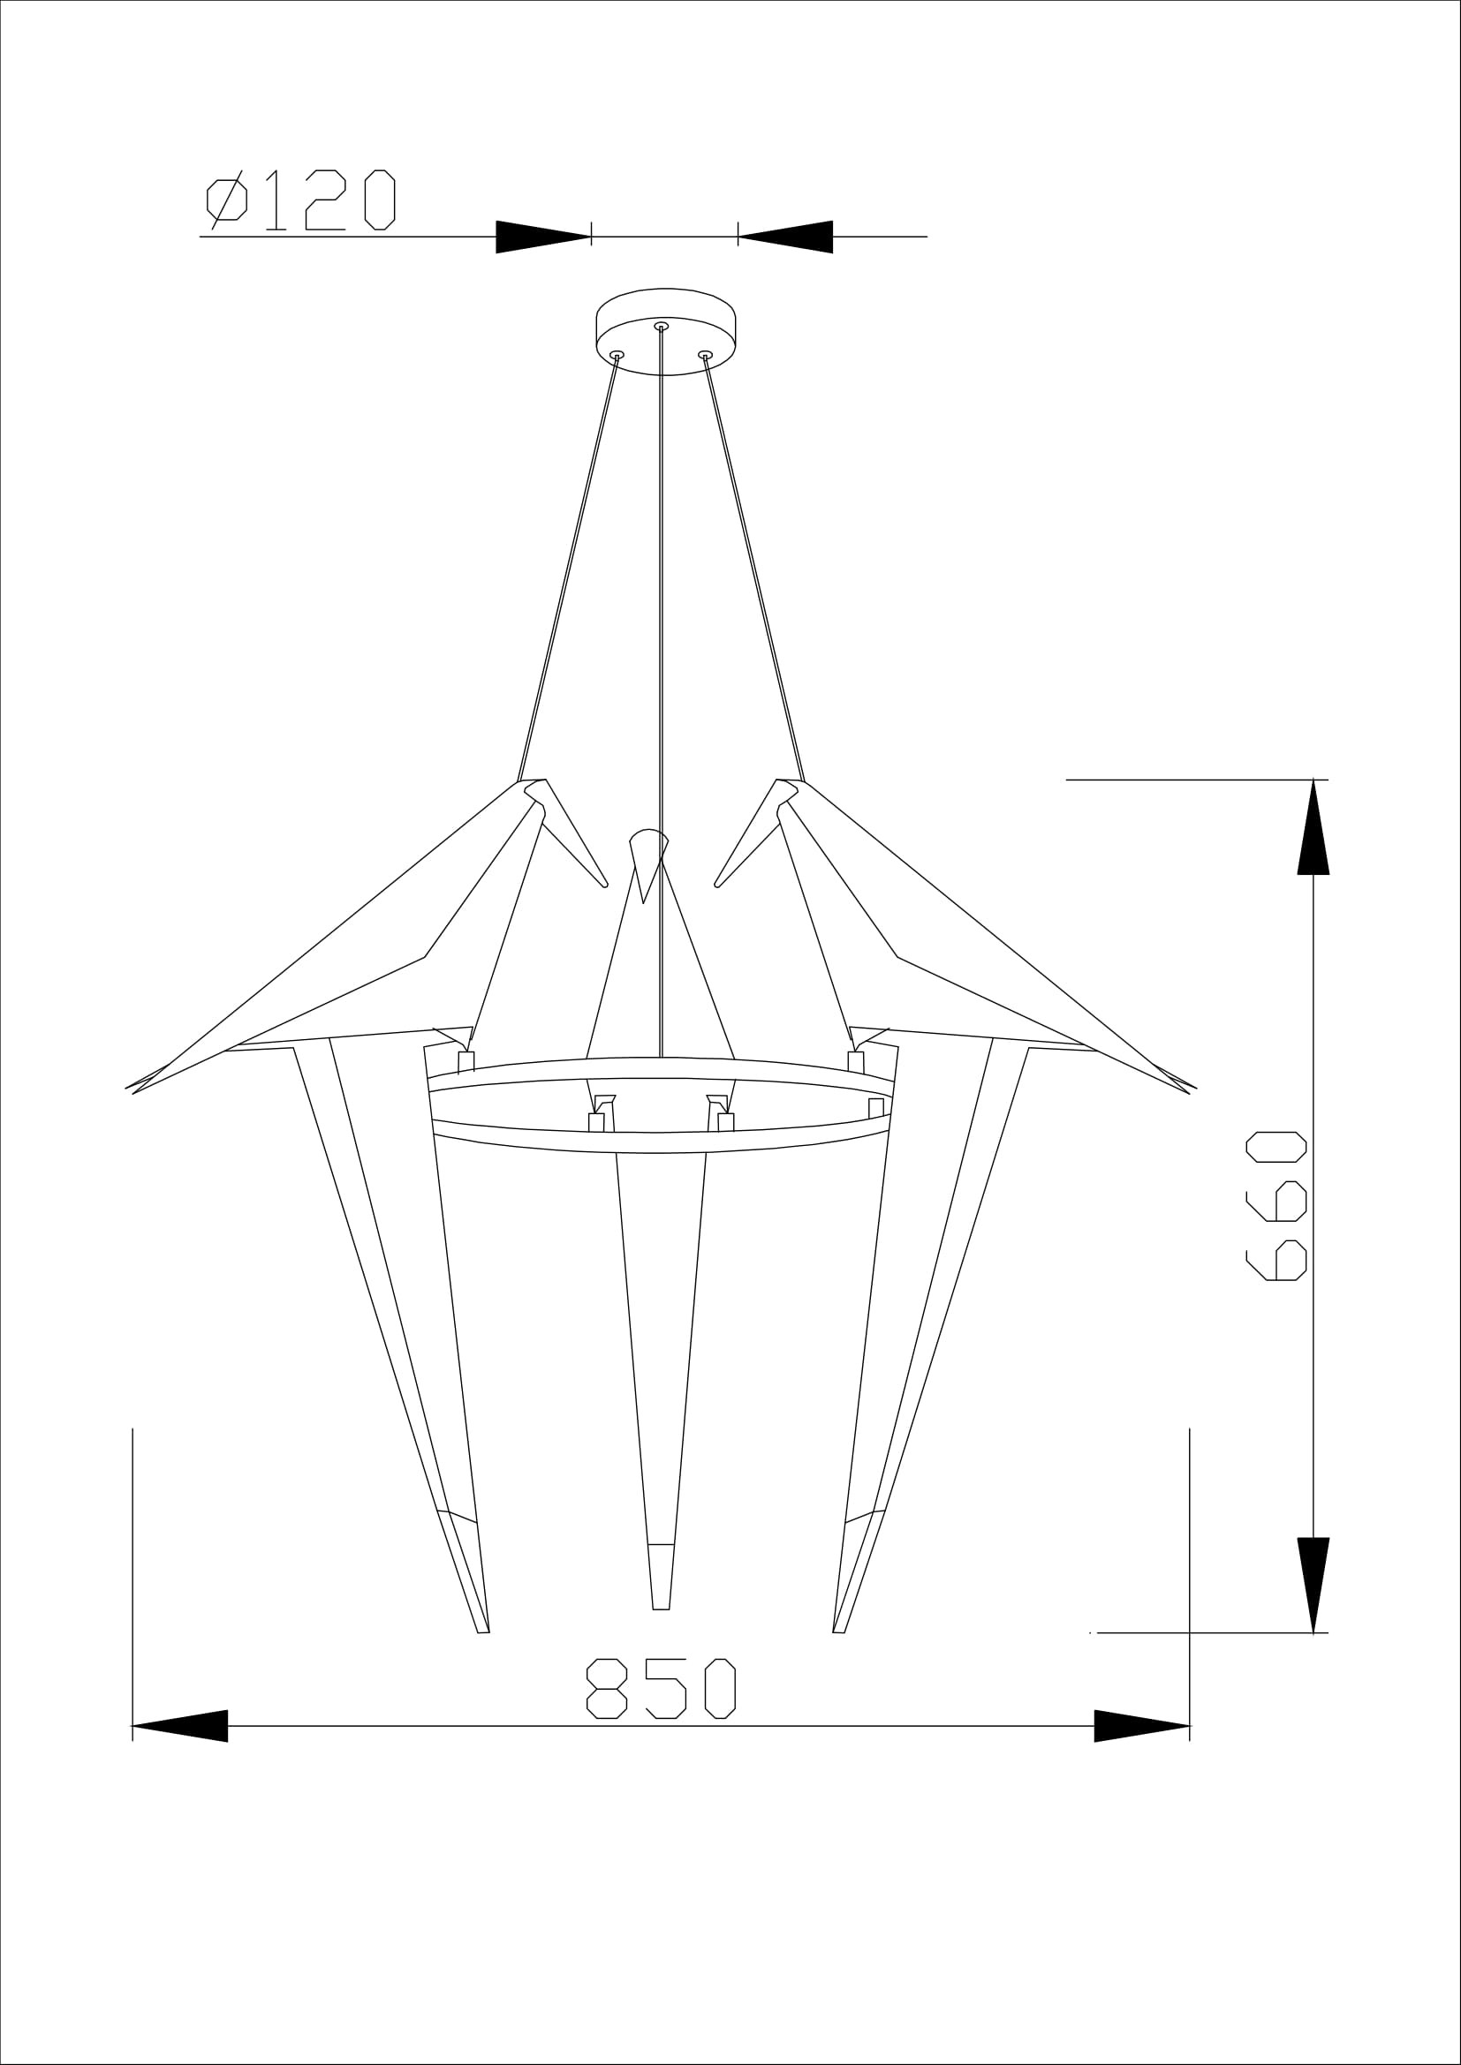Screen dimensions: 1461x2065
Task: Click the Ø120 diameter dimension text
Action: tap(301, 199)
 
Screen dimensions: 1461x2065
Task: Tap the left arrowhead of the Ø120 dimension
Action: tap(543, 237)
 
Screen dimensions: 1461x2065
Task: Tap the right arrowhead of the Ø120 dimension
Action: tap(785, 237)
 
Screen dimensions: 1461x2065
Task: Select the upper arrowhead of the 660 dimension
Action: tap(1313, 826)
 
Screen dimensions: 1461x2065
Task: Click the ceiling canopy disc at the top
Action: tap(666, 331)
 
